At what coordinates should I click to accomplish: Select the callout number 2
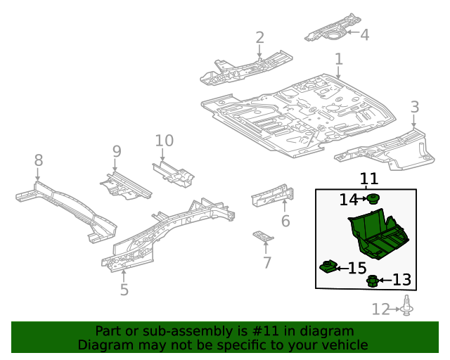point(259,37)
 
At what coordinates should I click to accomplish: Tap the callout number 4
point(364,33)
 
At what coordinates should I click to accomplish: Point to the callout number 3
point(415,107)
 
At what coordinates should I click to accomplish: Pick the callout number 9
point(117,150)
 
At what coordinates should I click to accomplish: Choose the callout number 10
point(164,141)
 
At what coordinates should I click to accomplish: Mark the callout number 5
point(124,289)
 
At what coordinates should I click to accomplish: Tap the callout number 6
point(285,221)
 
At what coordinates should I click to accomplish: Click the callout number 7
point(266,263)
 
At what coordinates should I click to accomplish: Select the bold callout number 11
point(369,179)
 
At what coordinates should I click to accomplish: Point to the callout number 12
point(380,309)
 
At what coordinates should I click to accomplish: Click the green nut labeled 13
point(373,282)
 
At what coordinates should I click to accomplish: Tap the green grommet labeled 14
point(374,198)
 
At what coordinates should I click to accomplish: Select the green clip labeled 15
point(328,266)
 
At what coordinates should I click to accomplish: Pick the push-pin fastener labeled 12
point(408,307)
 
